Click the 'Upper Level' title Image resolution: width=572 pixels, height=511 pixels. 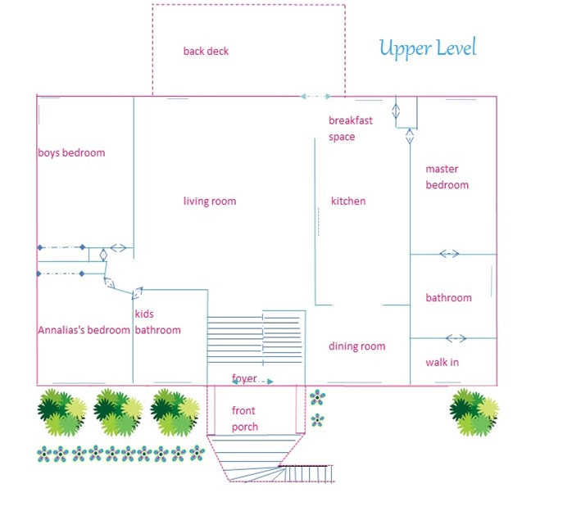427,48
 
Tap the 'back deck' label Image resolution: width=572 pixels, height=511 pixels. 206,52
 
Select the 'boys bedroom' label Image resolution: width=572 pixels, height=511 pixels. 71,152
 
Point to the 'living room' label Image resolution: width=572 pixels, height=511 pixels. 210,201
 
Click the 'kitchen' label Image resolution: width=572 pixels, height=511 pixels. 348,201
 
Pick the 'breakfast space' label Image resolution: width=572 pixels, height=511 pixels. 351,129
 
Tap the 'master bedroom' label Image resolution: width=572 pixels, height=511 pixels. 447,177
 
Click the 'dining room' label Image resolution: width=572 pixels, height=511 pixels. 357,346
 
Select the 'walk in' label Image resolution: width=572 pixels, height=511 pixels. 442,362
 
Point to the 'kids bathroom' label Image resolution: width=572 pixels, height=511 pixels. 157,322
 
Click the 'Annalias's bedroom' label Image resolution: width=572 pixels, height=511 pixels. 84,330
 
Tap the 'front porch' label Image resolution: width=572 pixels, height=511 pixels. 245,418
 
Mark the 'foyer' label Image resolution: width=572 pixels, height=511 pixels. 244,378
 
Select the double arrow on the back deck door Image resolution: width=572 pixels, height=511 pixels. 316,97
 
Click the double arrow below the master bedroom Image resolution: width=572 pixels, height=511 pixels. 449,254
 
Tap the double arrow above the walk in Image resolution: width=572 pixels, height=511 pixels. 456,338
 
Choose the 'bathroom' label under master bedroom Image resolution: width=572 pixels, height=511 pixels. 448,298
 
